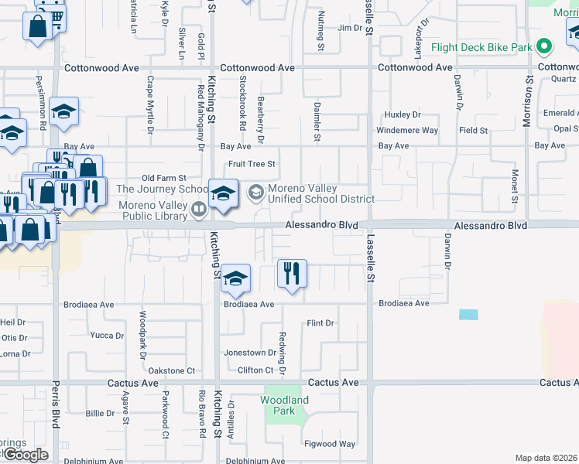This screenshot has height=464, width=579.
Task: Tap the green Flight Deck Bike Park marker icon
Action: (544, 46)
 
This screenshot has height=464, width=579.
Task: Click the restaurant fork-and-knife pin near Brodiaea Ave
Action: (292, 275)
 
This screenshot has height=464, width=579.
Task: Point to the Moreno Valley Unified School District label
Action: (320, 193)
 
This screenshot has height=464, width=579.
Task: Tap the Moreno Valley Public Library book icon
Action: (199, 208)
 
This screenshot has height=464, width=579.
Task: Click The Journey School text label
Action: (162, 189)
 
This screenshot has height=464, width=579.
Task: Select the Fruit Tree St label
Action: (252, 164)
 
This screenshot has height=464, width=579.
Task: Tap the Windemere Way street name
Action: (407, 131)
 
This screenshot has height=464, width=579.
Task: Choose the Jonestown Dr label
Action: (250, 353)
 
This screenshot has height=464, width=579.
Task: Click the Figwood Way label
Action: (331, 444)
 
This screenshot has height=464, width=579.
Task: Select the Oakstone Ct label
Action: (171, 370)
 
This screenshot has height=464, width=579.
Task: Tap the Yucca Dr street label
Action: (107, 336)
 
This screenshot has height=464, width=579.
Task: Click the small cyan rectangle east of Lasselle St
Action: (468, 315)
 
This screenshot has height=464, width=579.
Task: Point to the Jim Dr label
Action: (350, 28)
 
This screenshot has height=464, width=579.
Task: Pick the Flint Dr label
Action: (320, 322)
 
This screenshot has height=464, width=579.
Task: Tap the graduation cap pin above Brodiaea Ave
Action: (235, 279)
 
